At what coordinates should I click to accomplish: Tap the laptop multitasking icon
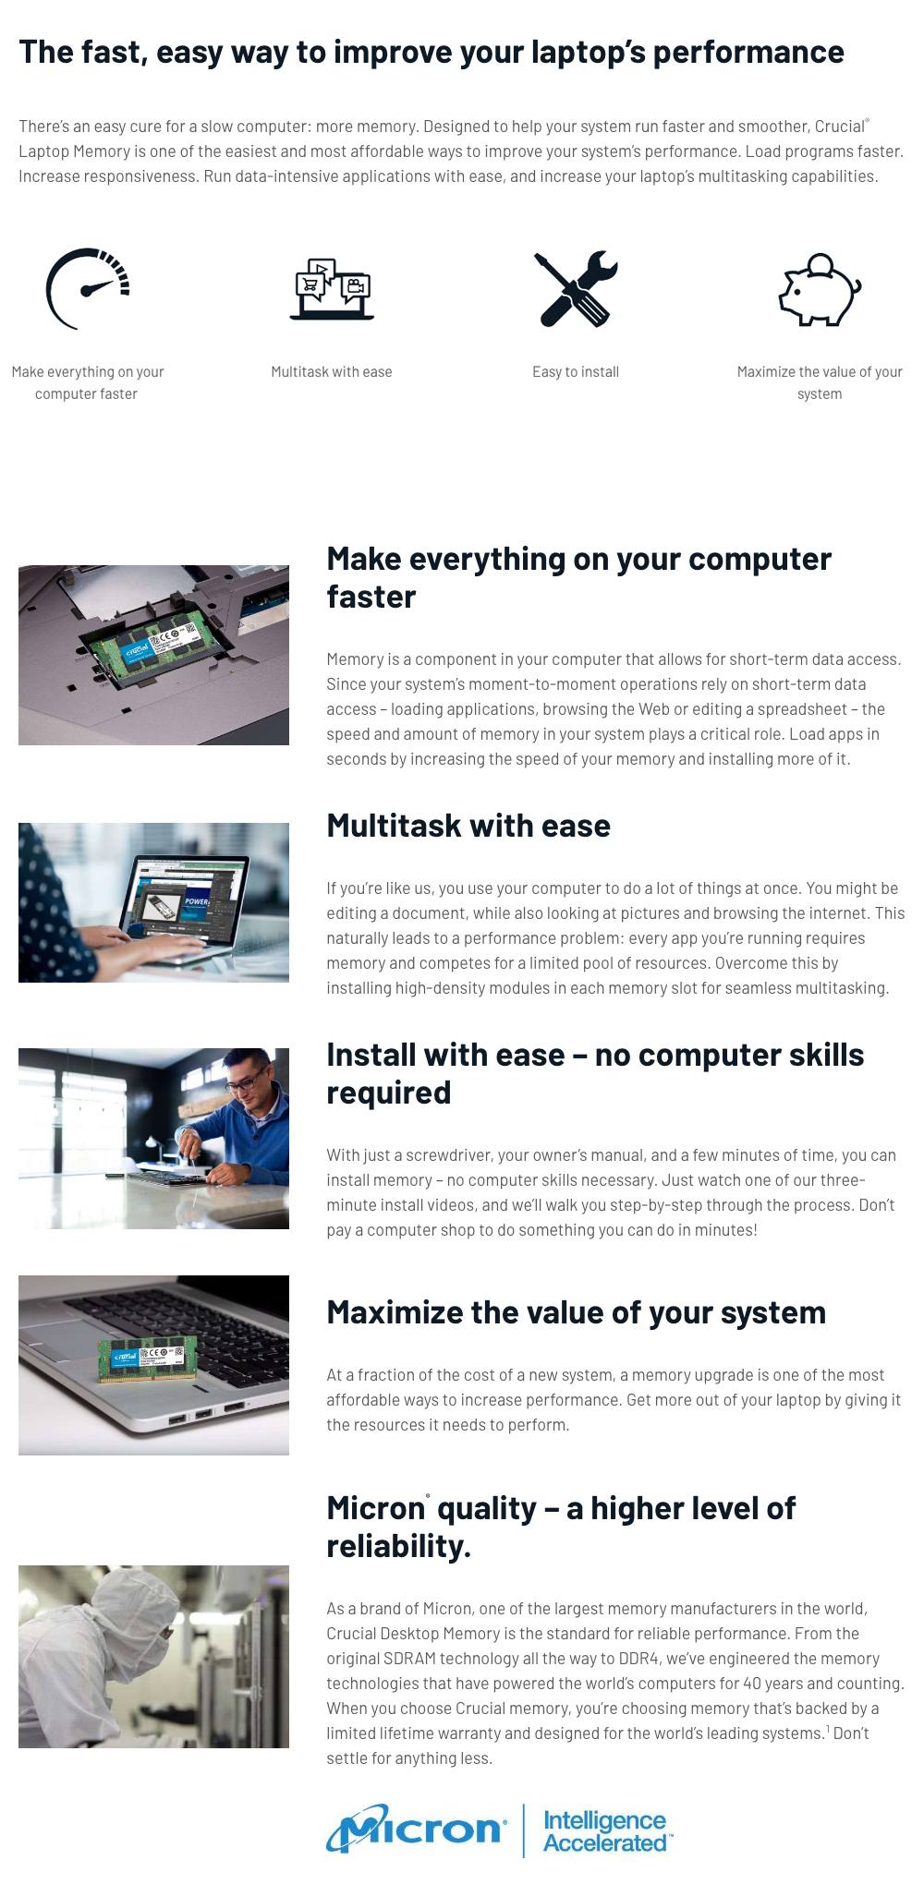[332, 289]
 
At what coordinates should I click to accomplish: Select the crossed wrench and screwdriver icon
[576, 288]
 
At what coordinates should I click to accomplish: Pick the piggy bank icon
[820, 289]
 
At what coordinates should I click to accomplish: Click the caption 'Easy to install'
[576, 371]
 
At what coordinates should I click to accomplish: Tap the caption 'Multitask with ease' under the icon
[332, 371]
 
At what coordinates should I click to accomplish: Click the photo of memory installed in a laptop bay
[153, 655]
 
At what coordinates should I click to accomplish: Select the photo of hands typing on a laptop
[153, 902]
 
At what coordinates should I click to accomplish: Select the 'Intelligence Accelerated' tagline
[606, 1831]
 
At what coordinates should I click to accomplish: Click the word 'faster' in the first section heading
[371, 597]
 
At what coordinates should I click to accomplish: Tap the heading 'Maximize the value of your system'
[577, 1312]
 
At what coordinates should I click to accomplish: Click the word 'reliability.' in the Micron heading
[399, 1546]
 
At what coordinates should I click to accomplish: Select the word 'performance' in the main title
[748, 52]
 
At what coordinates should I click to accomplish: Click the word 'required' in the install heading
[389, 1093]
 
